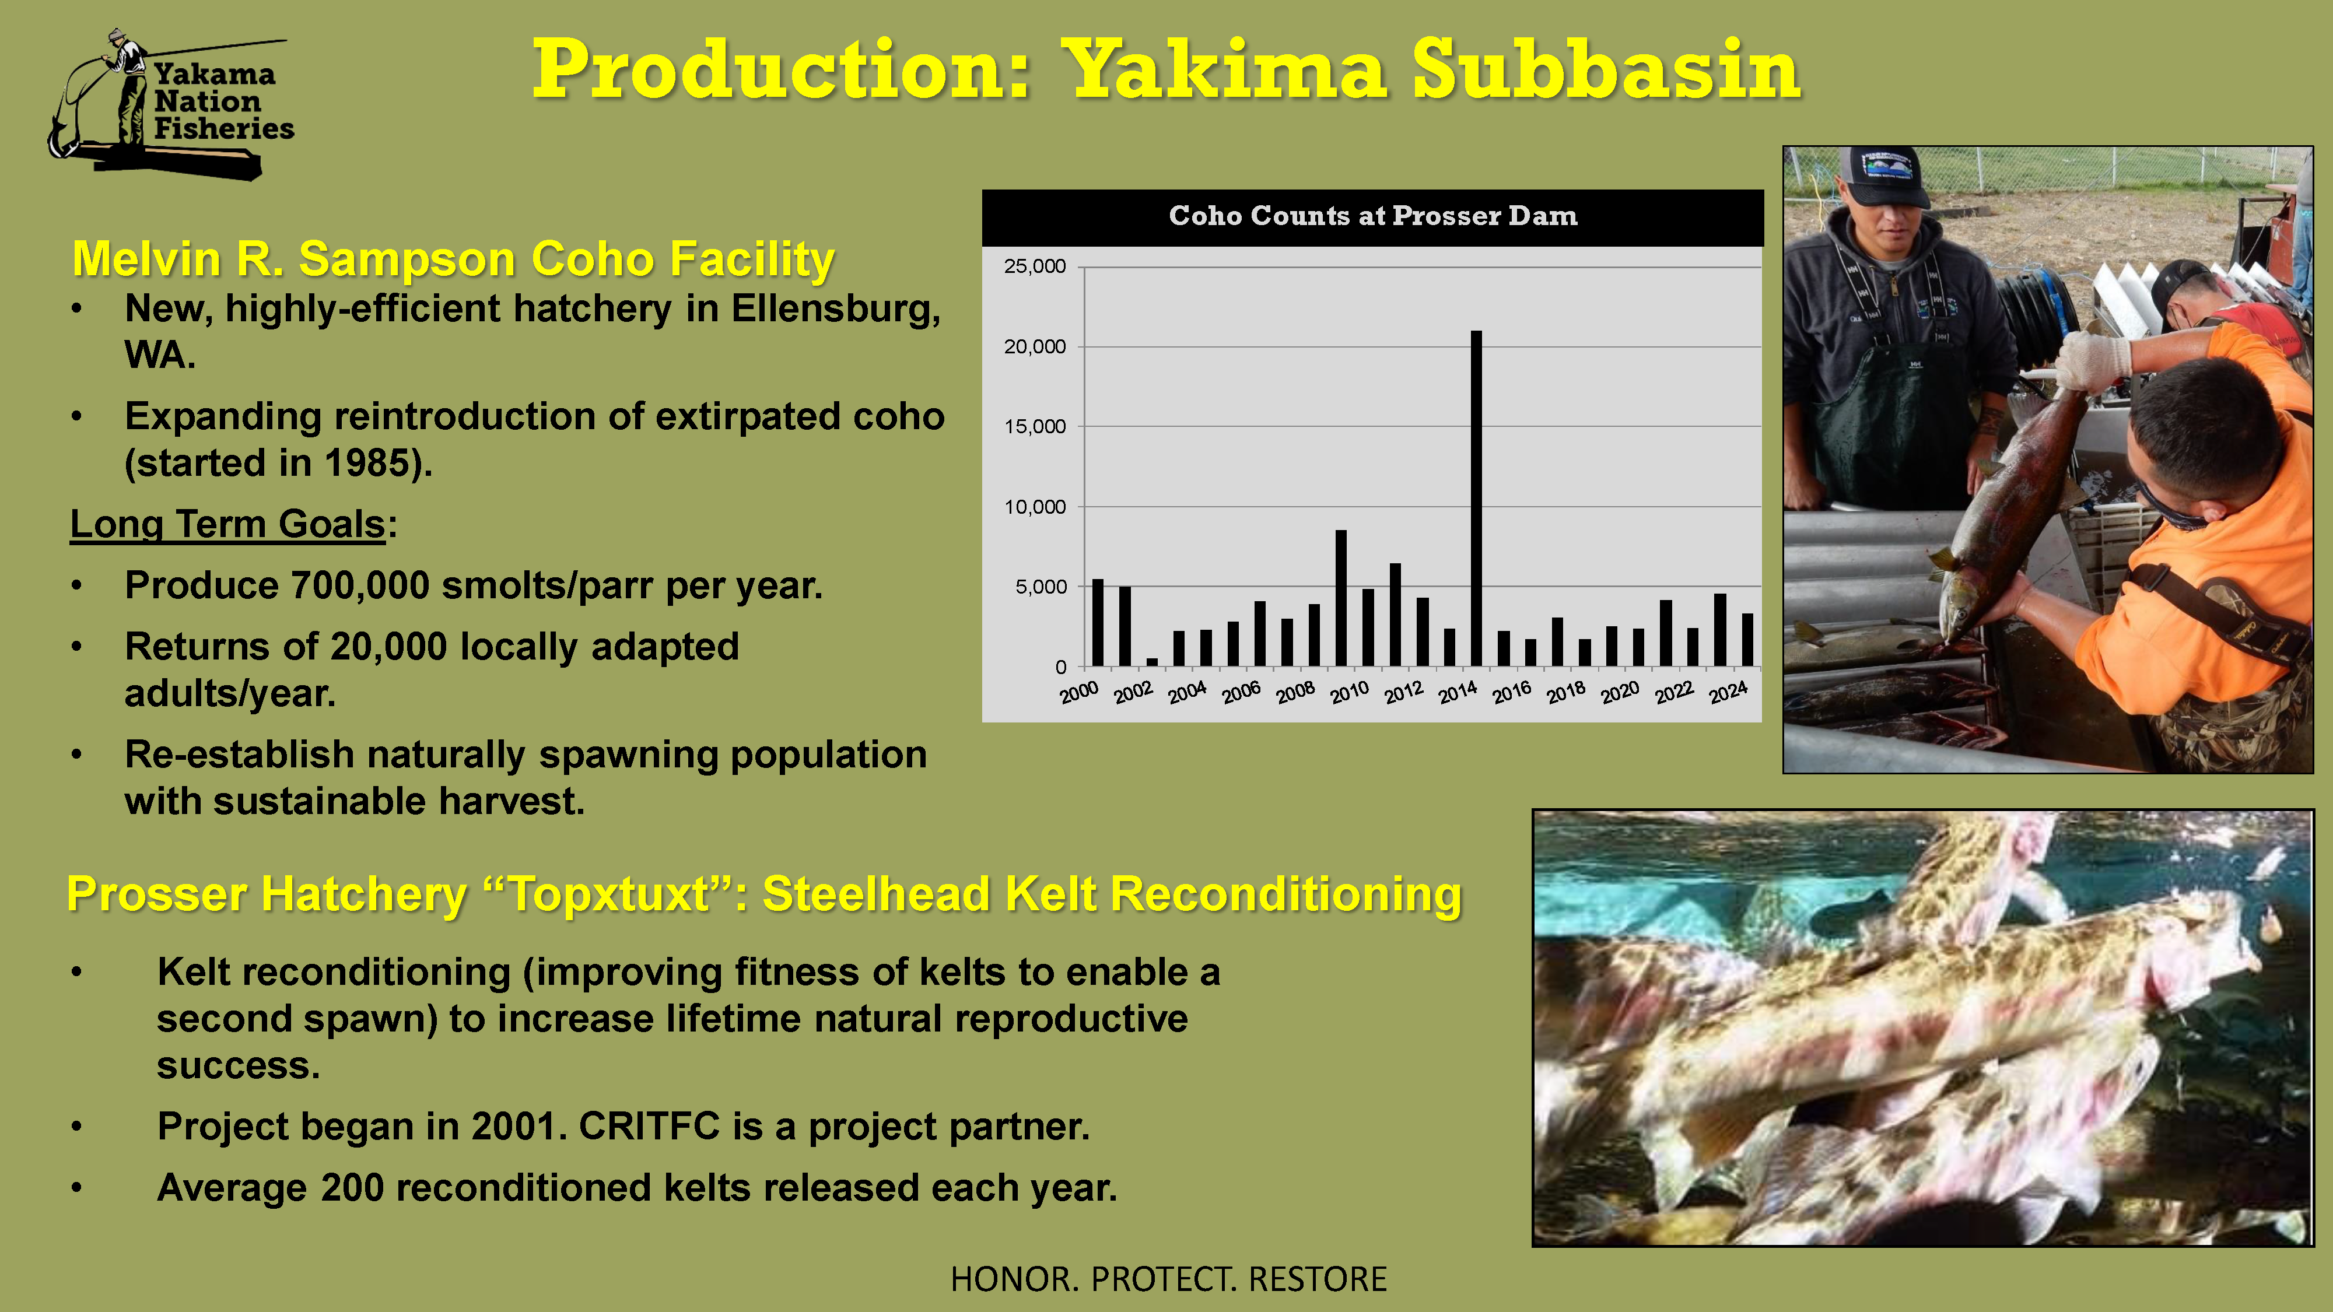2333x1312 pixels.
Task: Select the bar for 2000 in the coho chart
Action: pyautogui.click(x=1098, y=623)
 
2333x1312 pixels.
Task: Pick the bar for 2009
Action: pyautogui.click(x=1341, y=598)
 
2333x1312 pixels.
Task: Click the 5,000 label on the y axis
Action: pyautogui.click(x=1041, y=587)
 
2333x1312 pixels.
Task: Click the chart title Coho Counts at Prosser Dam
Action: pyautogui.click(x=1373, y=216)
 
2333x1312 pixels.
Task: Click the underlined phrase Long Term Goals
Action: pyautogui.click(x=228, y=524)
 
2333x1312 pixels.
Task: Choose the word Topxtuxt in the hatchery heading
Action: pyautogui.click(x=611, y=894)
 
